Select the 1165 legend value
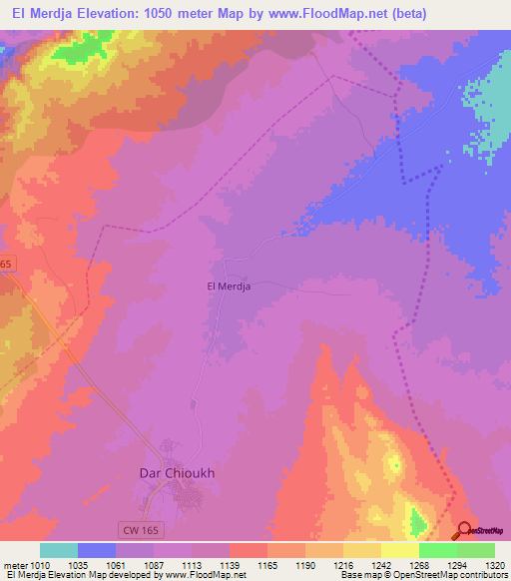click(x=266, y=564)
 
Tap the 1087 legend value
click(x=154, y=564)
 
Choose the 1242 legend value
click(x=380, y=564)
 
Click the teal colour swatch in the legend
click(x=59, y=550)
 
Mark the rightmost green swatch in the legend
click(x=475, y=550)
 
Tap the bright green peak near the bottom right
click(x=416, y=520)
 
